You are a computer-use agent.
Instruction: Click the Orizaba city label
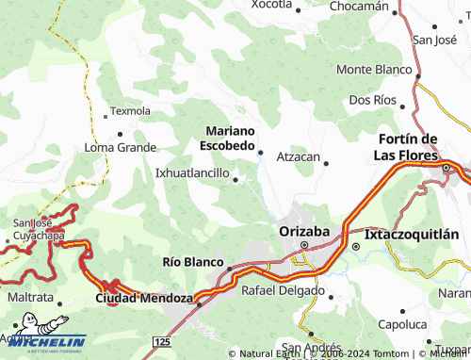[x=304, y=231]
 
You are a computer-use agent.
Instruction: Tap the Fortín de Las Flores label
[x=415, y=147]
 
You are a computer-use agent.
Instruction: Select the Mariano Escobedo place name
[x=227, y=139]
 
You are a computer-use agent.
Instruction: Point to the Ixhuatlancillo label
[x=192, y=173]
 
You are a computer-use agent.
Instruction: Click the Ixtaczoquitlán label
[x=412, y=234]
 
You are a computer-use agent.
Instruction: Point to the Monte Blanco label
[x=374, y=70]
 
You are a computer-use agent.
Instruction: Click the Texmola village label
[x=130, y=110]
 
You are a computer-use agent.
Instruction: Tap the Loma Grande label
[x=121, y=148]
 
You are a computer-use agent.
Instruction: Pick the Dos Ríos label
[x=371, y=99]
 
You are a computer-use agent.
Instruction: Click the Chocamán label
[x=359, y=7]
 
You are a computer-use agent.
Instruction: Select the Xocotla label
[x=271, y=5]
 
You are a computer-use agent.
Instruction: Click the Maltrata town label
[x=30, y=298]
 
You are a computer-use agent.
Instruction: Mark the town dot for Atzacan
[x=326, y=163]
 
